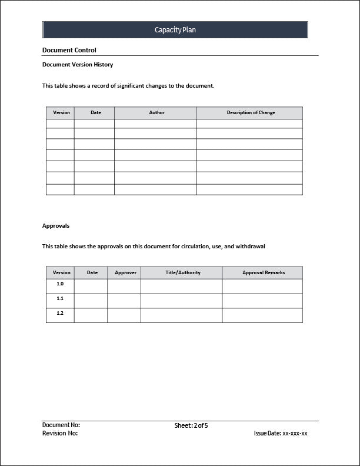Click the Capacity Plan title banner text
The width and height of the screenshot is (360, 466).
click(x=175, y=30)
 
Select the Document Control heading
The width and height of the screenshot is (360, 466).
click(x=69, y=51)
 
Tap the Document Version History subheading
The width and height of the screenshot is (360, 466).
click(x=78, y=65)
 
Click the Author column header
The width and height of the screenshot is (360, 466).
click(x=157, y=113)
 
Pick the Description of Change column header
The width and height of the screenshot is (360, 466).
click(x=251, y=113)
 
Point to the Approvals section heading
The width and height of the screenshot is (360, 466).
click(x=56, y=225)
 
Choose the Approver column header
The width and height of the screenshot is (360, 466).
click(x=125, y=272)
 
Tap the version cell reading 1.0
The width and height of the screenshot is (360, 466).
click(x=60, y=284)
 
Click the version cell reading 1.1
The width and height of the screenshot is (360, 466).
click(x=60, y=299)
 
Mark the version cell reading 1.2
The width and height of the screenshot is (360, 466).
click(x=60, y=314)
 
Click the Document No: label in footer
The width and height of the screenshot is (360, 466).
click(x=61, y=425)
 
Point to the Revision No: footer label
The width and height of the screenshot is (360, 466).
click(x=60, y=433)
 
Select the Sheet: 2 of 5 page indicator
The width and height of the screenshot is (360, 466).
click(x=191, y=425)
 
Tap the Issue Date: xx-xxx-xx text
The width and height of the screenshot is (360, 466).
click(x=281, y=433)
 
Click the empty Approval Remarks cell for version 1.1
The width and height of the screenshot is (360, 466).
click(x=262, y=301)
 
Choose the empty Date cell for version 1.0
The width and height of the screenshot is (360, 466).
click(x=91, y=286)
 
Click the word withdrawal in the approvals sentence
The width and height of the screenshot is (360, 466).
click(x=251, y=247)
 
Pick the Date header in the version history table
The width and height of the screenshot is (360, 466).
click(x=95, y=113)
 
